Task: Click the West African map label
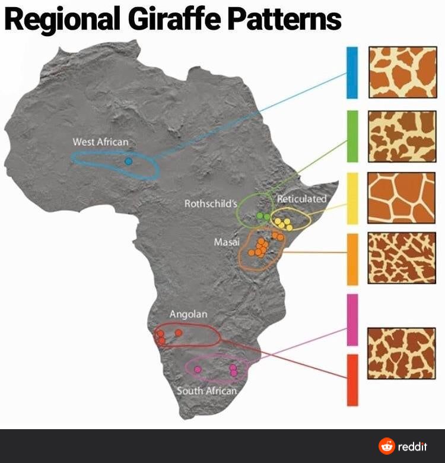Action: tap(100, 142)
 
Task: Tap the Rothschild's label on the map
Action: tap(211, 204)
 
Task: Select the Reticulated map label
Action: tap(302, 199)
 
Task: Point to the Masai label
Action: tap(227, 242)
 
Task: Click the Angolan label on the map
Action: tap(189, 314)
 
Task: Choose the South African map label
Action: tap(206, 391)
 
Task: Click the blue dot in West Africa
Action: tap(128, 161)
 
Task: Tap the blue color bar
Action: tap(352, 72)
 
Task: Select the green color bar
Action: tap(352, 136)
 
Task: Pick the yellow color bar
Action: tap(352, 198)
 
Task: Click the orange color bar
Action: tap(352, 259)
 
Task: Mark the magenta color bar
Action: tap(352, 319)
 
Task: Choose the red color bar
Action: tap(352, 380)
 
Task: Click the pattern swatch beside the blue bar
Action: tap(402, 72)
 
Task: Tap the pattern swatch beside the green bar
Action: tap(402, 136)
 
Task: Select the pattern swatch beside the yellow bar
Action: tap(402, 198)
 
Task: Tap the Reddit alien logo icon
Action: tap(387, 446)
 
